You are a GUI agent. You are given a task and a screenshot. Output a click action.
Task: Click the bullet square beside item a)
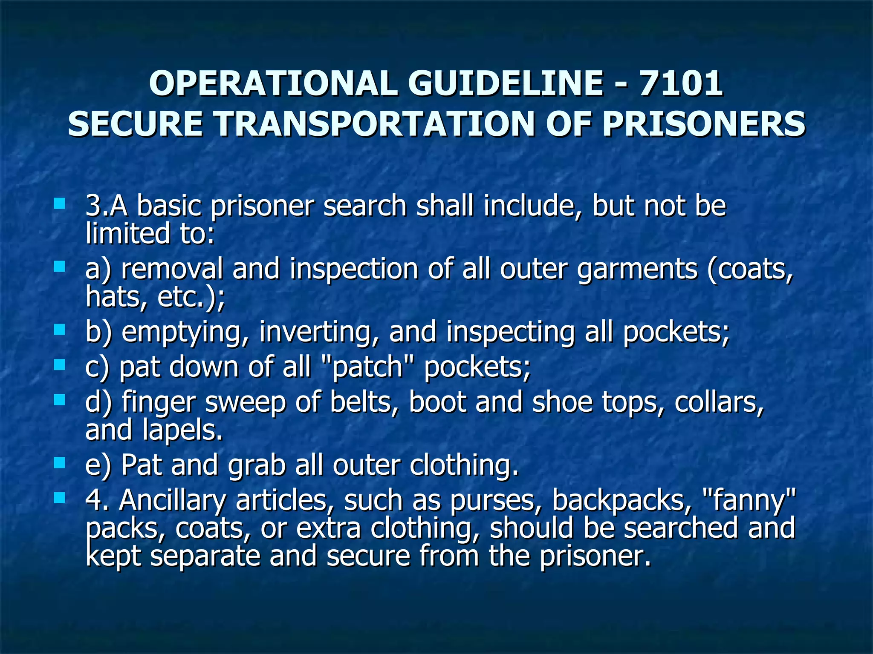60,267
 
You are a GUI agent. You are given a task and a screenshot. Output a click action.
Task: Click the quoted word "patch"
367,367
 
